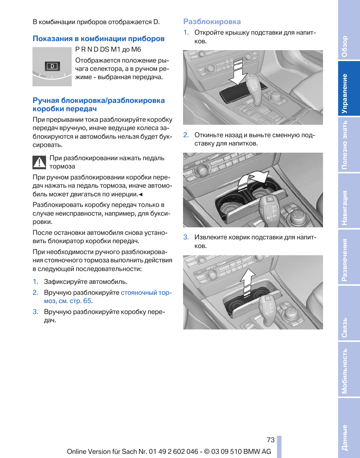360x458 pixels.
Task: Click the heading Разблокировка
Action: click(212, 22)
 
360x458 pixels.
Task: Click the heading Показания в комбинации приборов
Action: click(98, 38)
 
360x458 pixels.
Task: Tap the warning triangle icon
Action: click(39, 162)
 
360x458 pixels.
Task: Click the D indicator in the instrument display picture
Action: click(52, 66)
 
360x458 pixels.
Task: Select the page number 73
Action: click(271, 440)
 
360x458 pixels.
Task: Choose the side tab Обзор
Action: click(345, 46)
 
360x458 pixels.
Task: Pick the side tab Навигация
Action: click(345, 208)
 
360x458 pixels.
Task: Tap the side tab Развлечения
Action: click(345, 260)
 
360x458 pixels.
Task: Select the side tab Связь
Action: click(345, 327)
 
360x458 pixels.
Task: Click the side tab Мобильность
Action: click(345, 371)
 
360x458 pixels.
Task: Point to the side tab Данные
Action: click(345, 437)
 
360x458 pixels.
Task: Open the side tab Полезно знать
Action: click(345, 145)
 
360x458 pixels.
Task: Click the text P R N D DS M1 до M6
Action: click(108, 49)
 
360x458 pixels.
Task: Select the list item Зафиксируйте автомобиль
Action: click(85, 282)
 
